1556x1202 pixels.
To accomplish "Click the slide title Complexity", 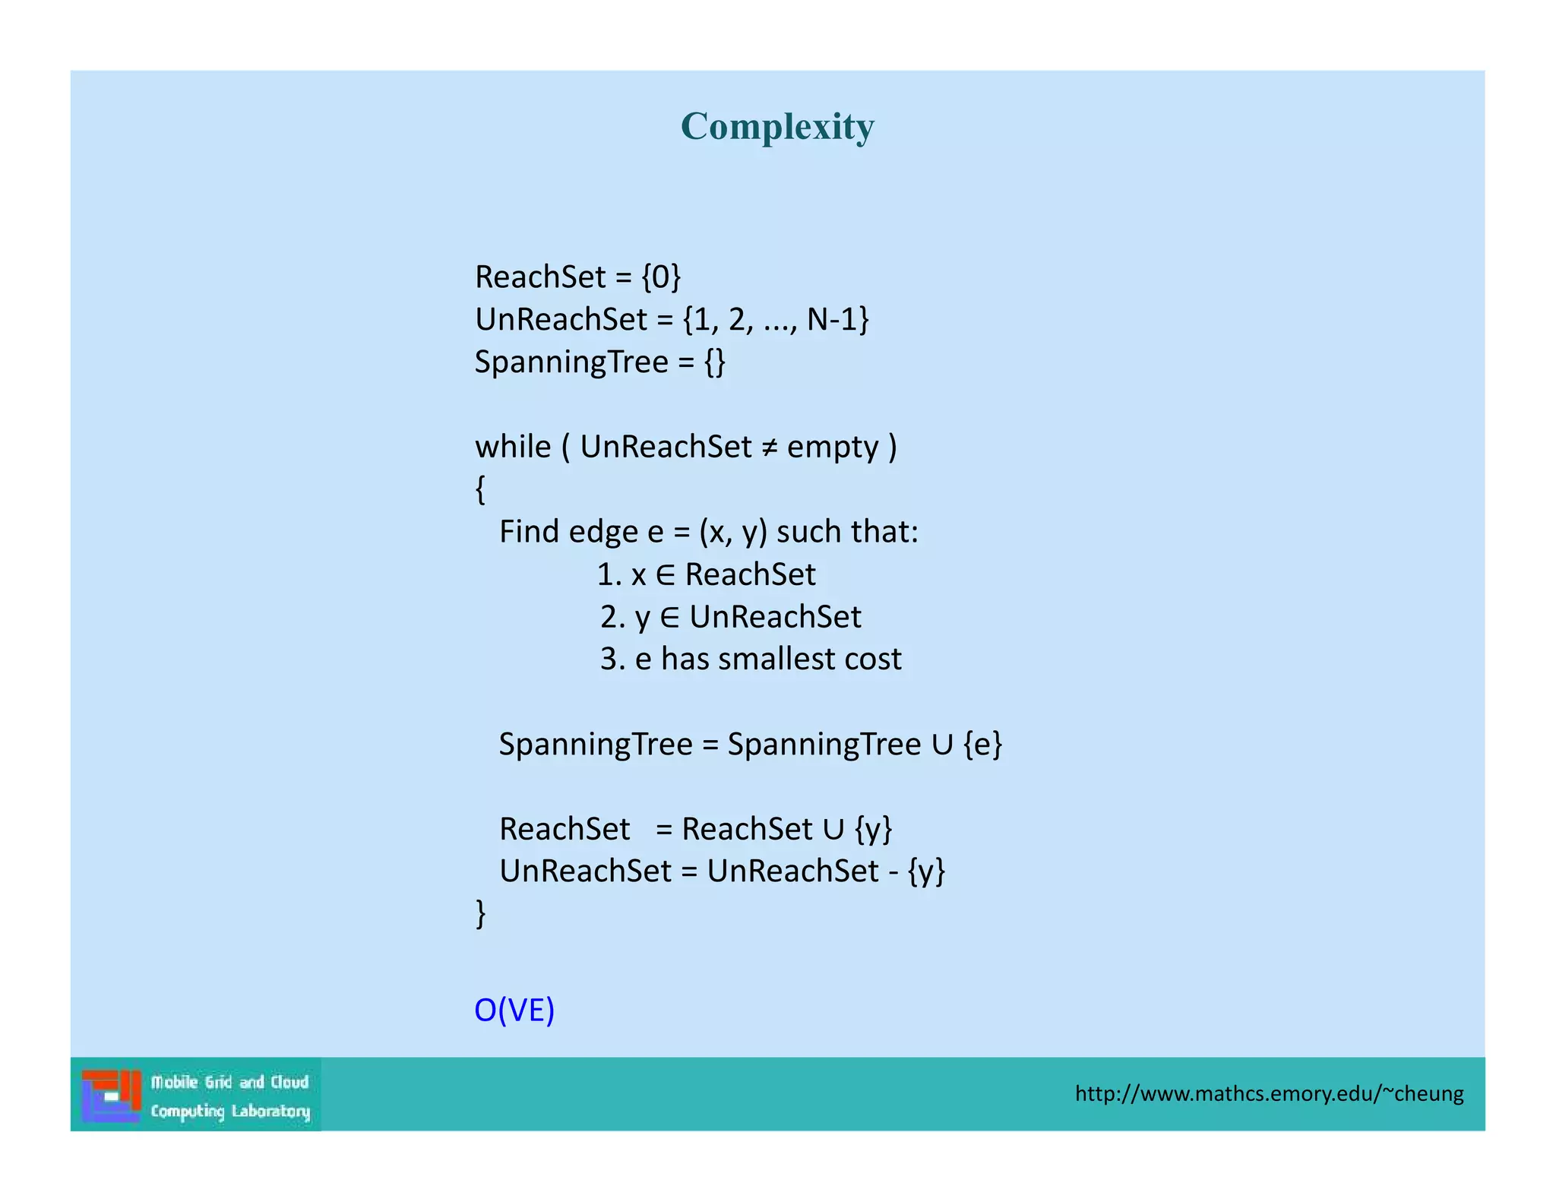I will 776,126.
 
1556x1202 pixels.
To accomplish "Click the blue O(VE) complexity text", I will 514,1010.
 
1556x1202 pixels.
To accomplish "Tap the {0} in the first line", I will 661,277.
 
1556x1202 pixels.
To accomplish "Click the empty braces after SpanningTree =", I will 714,362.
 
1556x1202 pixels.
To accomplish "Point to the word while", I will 513,447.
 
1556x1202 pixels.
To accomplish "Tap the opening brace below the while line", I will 480,489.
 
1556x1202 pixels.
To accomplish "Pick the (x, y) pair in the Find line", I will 732,532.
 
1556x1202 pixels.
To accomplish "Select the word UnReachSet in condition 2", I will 775,617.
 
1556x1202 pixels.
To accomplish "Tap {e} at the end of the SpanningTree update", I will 982,745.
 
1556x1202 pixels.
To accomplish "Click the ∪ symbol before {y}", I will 833,829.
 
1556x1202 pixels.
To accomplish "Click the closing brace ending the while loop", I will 480,913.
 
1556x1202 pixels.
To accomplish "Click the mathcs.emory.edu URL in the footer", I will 1269,1093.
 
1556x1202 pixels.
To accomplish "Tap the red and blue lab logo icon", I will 112,1095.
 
